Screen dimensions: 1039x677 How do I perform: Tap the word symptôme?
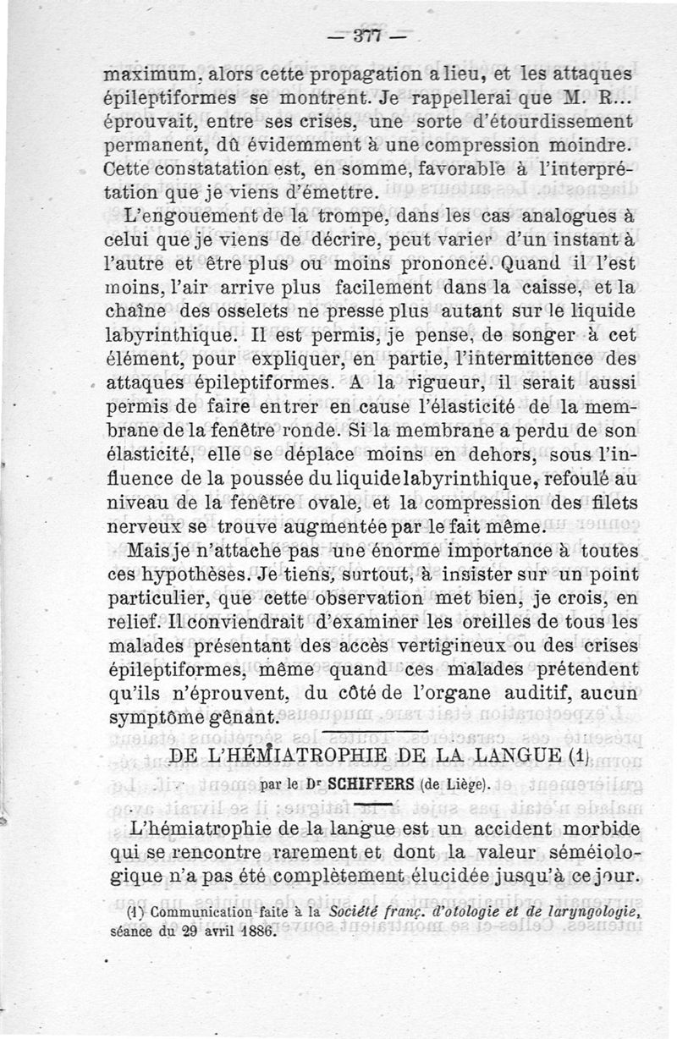(157, 715)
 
